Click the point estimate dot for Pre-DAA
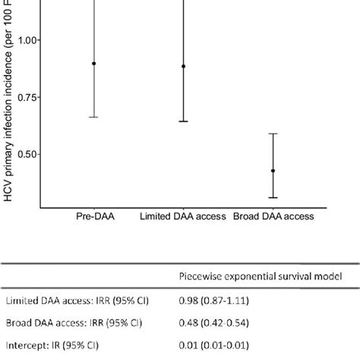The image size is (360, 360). tap(94, 64)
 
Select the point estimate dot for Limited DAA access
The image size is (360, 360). tap(183, 66)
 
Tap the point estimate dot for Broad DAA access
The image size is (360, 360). tap(273, 171)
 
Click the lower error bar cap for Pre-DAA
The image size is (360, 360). tap(94, 117)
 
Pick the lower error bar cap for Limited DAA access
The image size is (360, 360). tap(183, 122)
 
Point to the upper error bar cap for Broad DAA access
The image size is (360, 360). tap(273, 134)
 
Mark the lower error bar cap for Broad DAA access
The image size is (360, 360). tap(273, 197)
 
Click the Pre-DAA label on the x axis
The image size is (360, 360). tap(94, 216)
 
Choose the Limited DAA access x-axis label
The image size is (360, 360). tap(183, 216)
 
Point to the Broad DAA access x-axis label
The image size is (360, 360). tap(273, 216)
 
